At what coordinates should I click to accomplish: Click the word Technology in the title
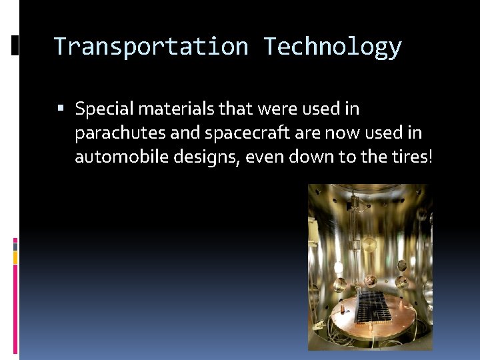pyautogui.click(x=332, y=47)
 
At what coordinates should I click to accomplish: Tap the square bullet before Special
pyautogui.click(x=61, y=108)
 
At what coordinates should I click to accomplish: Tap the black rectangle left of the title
pyautogui.click(x=15, y=46)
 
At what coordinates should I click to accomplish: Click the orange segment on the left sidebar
pyautogui.click(x=15, y=257)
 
